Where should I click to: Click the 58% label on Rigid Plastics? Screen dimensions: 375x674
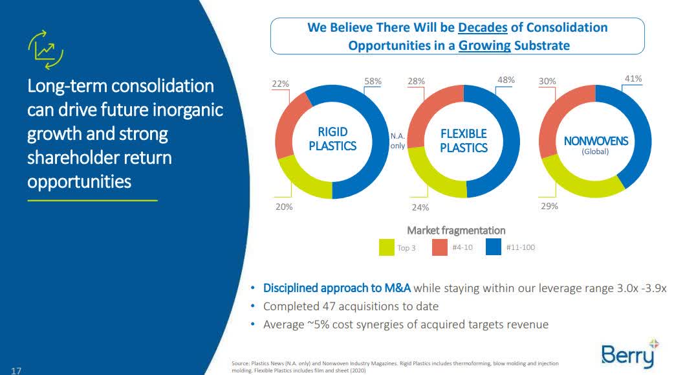(x=373, y=82)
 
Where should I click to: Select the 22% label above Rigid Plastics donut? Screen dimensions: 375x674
(x=280, y=84)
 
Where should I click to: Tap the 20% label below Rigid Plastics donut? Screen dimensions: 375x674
(x=284, y=207)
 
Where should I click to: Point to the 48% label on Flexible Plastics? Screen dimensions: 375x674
(x=506, y=80)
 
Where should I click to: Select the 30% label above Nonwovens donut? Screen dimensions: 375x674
(x=547, y=82)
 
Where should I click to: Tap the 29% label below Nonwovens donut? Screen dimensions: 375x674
(x=550, y=206)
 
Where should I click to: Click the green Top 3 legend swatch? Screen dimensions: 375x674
(x=387, y=247)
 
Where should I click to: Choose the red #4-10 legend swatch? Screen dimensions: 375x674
(x=440, y=247)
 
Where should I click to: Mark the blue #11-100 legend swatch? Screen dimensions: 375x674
(x=494, y=247)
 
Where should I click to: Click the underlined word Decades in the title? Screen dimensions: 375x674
(x=483, y=28)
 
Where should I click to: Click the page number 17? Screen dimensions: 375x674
(x=16, y=370)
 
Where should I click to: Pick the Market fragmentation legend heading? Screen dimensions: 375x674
(x=456, y=230)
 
